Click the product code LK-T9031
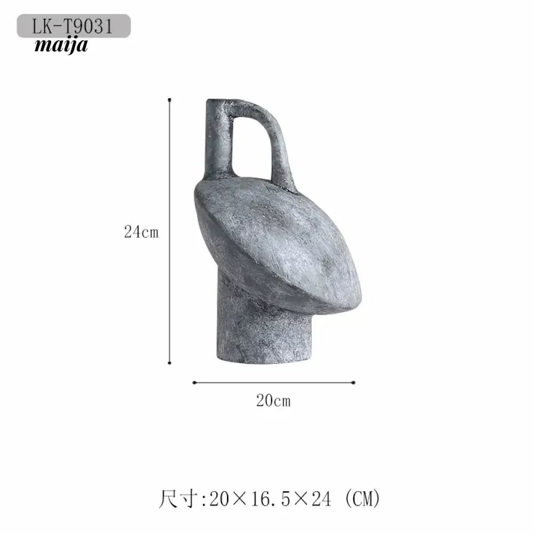(73, 26)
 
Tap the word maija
(61, 45)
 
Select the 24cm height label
(142, 232)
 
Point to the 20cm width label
(273, 400)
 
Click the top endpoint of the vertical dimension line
(170, 100)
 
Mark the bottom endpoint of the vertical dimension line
(170, 363)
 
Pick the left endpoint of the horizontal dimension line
(194, 382)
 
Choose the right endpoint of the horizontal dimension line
(354, 382)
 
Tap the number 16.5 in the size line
(270, 499)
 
